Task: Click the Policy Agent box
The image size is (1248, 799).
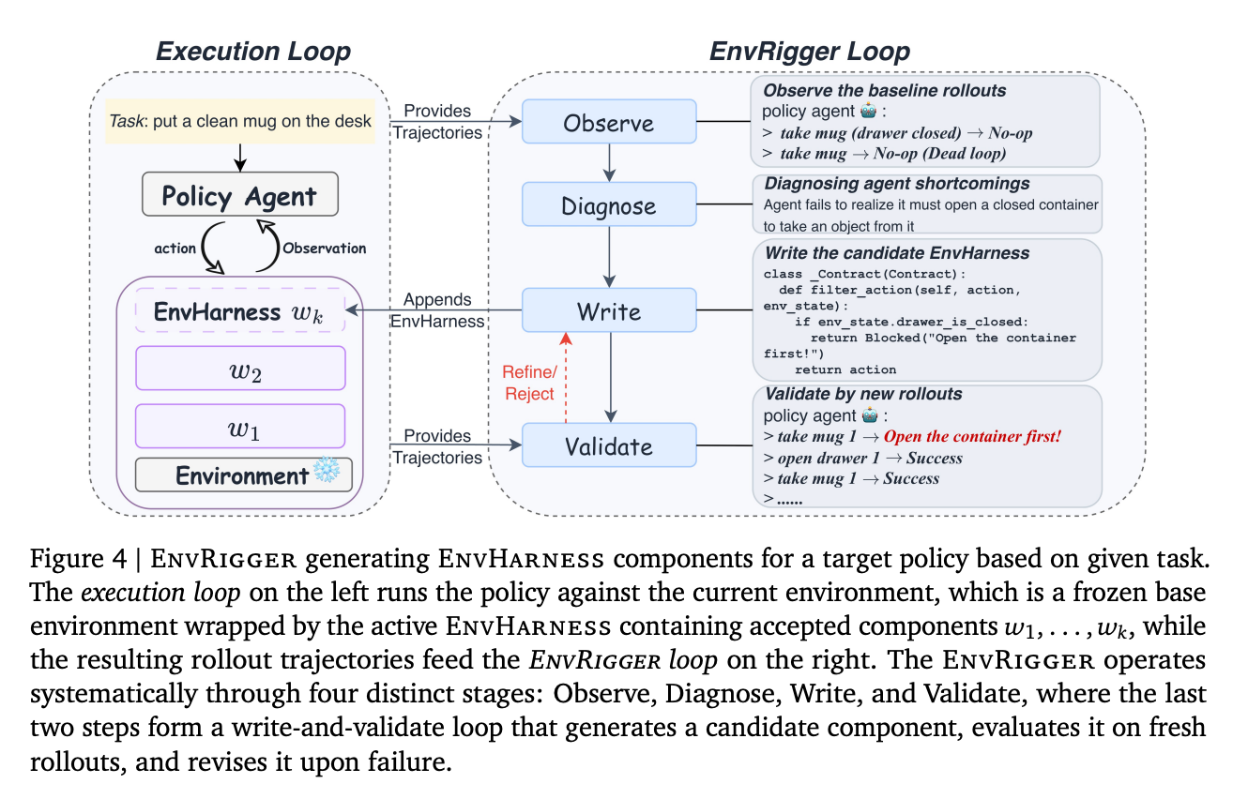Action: pos(240,194)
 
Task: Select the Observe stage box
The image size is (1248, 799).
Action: pos(609,121)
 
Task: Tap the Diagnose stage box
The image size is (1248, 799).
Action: pos(609,204)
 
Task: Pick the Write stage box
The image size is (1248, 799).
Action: pos(609,310)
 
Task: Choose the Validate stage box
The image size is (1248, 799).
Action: pos(609,445)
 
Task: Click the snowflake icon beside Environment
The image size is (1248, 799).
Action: pos(327,470)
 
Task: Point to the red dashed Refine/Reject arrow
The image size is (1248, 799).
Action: pos(566,378)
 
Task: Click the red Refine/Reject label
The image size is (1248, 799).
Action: pos(529,383)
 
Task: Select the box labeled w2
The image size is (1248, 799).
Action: pos(240,368)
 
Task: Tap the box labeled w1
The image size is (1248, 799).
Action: pos(240,426)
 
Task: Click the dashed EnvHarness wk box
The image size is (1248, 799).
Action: pos(240,310)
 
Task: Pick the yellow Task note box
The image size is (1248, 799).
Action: pos(240,121)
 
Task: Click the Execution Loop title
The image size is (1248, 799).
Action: pos(253,52)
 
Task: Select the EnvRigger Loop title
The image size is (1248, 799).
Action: pos(810,52)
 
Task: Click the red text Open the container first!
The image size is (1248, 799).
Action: pos(972,436)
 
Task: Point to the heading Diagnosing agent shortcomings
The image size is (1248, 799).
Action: pos(897,183)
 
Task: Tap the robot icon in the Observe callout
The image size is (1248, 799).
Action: pos(869,111)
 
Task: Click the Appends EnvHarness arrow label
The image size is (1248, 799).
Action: pos(437,310)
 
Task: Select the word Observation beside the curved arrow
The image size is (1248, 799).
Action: pos(325,249)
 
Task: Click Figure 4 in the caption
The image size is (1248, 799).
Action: pos(79,559)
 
